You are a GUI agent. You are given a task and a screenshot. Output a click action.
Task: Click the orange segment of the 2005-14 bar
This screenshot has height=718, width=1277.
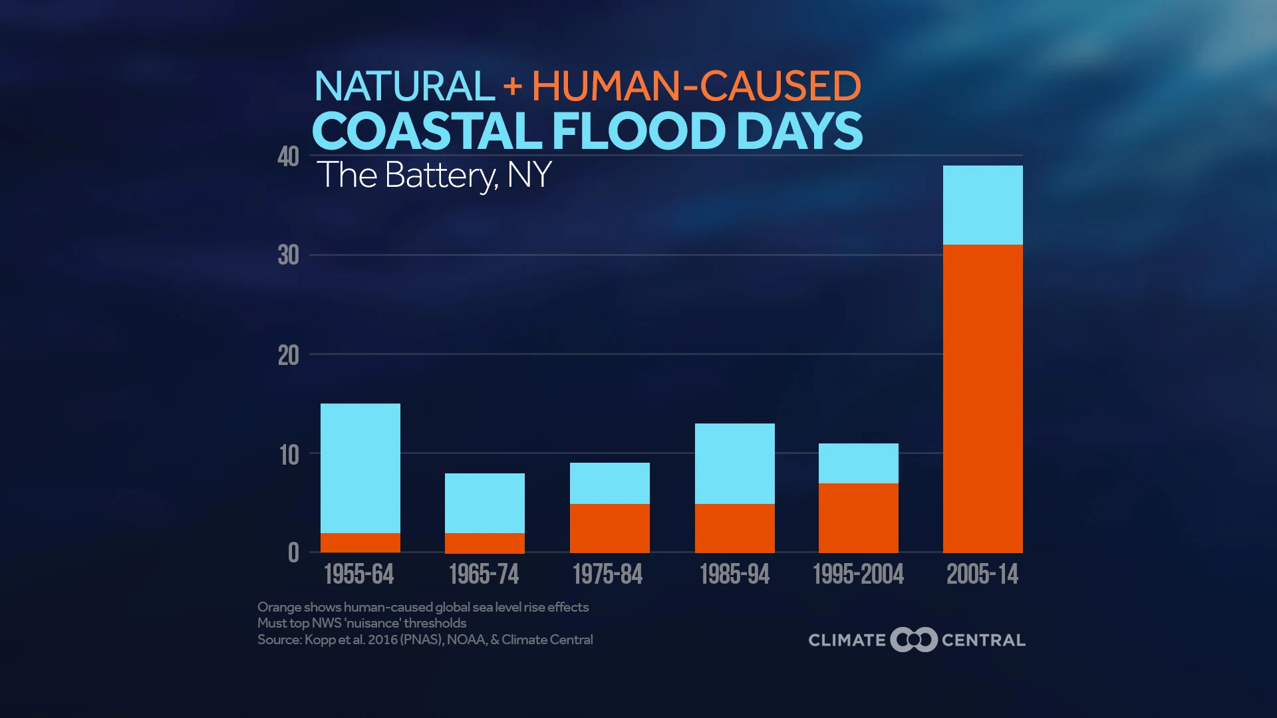click(982, 398)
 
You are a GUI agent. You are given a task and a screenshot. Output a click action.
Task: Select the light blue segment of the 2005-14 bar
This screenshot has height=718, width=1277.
click(982, 205)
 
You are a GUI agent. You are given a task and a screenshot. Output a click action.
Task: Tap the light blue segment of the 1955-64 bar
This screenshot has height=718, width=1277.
click(360, 468)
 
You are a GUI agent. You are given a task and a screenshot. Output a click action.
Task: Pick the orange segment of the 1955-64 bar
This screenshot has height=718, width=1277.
click(360, 542)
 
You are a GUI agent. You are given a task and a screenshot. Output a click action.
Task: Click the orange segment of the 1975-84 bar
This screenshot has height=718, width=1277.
click(609, 528)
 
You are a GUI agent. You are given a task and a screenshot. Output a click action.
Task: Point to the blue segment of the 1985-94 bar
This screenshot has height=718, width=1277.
click(734, 463)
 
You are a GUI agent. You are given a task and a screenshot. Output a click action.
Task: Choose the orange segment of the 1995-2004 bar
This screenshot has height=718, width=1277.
click(858, 518)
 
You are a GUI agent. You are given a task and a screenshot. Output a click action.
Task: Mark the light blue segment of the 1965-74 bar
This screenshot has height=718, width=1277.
click(484, 503)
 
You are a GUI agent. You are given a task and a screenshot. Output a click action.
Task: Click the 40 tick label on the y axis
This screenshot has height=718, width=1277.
click(289, 158)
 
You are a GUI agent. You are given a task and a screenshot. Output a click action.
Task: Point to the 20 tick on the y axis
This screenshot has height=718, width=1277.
click(289, 356)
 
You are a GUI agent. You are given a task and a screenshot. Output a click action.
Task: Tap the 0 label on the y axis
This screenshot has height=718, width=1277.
click(293, 552)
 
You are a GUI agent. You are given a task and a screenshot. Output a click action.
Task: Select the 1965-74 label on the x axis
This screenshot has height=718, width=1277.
click(484, 574)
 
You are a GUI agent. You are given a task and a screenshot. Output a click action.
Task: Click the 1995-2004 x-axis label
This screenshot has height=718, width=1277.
click(858, 574)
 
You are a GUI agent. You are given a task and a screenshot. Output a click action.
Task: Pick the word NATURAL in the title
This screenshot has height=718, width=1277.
click(404, 86)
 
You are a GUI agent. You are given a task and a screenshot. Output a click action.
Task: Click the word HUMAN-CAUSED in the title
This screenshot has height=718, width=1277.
click(696, 86)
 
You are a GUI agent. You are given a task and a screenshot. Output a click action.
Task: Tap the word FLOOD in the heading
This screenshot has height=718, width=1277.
click(638, 131)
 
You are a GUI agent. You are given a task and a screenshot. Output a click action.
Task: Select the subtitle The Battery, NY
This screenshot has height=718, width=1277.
click(434, 176)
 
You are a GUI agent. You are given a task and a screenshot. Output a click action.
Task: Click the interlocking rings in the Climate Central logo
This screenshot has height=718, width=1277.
click(914, 640)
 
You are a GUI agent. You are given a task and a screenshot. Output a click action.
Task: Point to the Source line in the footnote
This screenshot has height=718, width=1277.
click(425, 640)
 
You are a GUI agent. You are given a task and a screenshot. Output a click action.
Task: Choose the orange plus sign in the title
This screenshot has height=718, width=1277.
click(513, 87)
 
